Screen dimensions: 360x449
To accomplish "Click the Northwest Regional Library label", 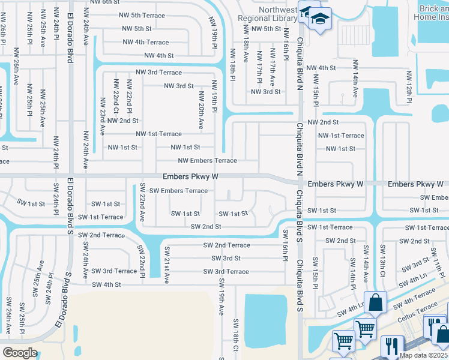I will [x=269, y=14].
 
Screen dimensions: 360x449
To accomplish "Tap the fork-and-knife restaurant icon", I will [x=391, y=345].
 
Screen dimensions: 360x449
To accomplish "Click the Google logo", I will [x=20, y=352].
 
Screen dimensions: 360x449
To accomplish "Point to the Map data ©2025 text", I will [x=423, y=355].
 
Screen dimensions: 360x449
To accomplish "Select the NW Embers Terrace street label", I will [x=207, y=161].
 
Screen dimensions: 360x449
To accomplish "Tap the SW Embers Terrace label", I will [x=178, y=191].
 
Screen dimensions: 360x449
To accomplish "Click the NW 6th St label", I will [x=105, y=2].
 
